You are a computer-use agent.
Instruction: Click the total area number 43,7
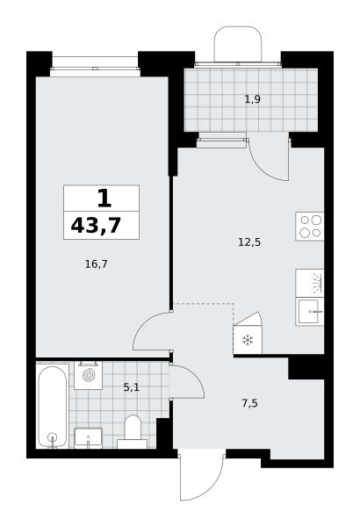point(96,225)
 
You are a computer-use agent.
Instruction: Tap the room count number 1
point(104,199)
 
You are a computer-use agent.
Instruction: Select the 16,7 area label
point(96,264)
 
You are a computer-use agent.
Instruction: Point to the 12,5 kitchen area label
point(249,242)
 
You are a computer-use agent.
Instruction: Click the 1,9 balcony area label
point(252,99)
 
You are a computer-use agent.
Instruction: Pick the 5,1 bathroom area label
point(131,387)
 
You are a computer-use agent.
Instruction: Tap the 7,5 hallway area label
point(249,403)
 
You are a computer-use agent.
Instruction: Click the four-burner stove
point(310,227)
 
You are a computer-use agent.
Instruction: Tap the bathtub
point(52,407)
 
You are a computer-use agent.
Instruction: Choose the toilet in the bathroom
point(133,432)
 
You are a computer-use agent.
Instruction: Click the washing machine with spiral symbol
point(88,375)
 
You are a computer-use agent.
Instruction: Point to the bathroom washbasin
point(88,438)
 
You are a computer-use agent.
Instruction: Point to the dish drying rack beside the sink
point(310,283)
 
